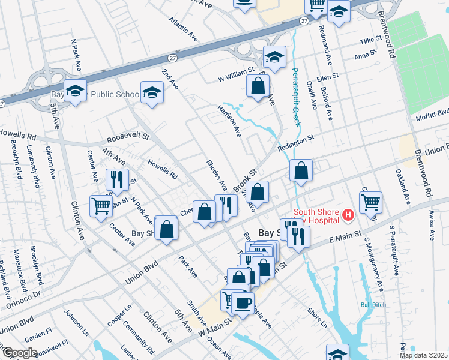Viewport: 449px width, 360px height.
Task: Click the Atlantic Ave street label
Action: click(183, 28)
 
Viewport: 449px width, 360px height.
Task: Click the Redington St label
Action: click(296, 144)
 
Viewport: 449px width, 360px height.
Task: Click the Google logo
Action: click(20, 353)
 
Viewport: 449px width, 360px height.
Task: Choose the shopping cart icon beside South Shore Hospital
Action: click(370, 202)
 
